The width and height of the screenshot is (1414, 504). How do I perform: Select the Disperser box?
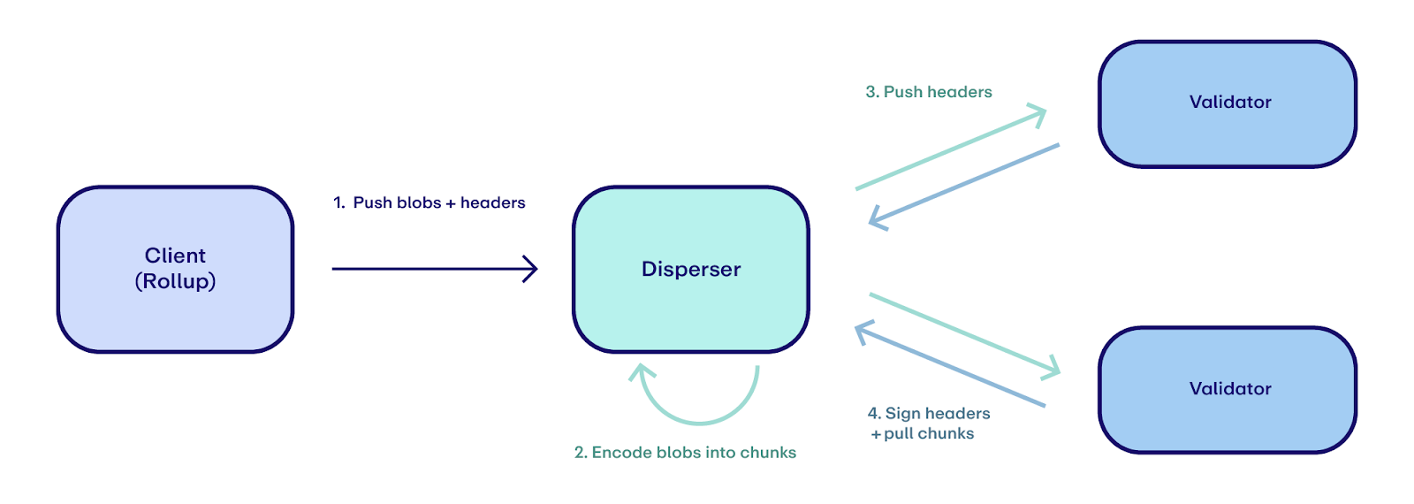pos(691,309)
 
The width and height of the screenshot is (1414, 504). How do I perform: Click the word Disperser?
pos(691,269)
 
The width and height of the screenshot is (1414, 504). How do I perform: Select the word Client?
pos(175,256)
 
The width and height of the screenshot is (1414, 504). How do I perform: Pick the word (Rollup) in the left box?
pos(175,281)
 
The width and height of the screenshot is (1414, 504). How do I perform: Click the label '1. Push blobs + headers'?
pos(430,202)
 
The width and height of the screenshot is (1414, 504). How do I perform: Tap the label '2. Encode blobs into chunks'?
pos(685,453)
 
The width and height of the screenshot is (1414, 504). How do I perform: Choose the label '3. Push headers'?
pos(929,92)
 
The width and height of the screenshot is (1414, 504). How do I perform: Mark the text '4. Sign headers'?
pos(929,413)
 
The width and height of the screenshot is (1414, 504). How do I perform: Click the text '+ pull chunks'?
pos(923,433)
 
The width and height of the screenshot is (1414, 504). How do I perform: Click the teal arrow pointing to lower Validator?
pos(963,332)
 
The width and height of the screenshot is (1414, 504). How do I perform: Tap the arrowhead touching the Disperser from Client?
pos(531,269)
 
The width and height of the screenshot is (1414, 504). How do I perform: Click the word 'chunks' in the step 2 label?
pos(768,453)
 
